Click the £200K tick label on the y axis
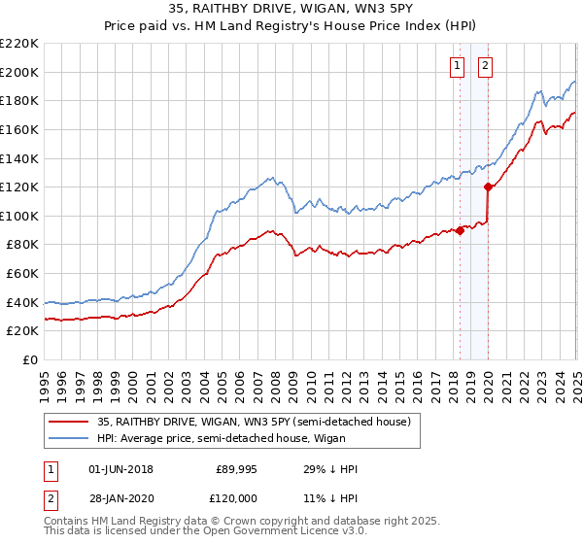[19, 72]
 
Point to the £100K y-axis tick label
[19, 216]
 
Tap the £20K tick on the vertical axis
[22, 331]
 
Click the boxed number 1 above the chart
[457, 66]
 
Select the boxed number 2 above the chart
[485, 66]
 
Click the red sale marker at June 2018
[460, 230]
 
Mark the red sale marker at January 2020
[489, 187]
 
